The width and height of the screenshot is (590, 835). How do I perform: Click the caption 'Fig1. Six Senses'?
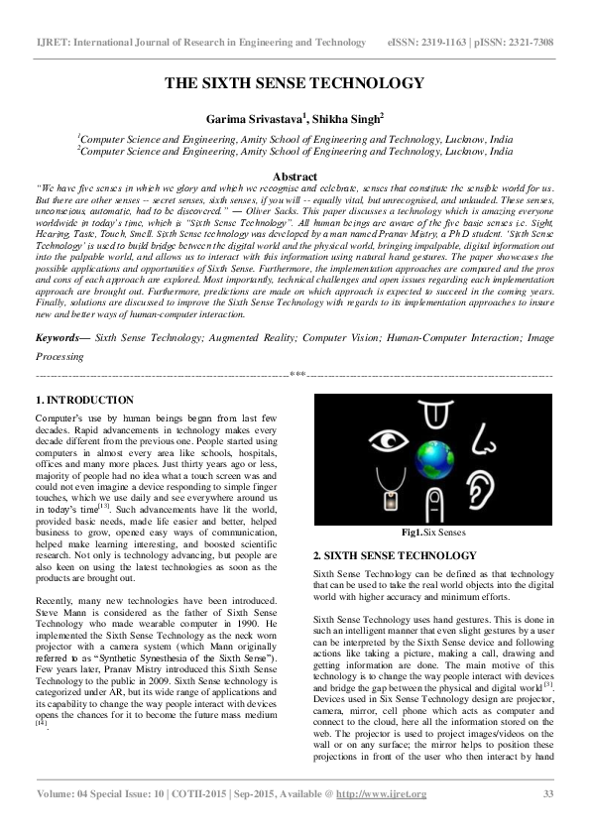click(432, 533)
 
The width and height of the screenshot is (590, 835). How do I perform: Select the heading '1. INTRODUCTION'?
click(84, 400)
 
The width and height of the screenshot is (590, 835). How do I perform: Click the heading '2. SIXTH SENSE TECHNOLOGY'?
click(395, 555)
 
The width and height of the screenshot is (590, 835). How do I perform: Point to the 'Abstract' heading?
click(295, 176)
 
